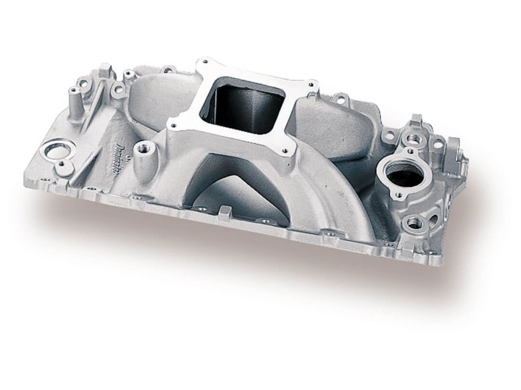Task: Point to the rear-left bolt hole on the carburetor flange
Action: [204, 62]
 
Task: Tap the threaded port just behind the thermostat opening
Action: [415, 139]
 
